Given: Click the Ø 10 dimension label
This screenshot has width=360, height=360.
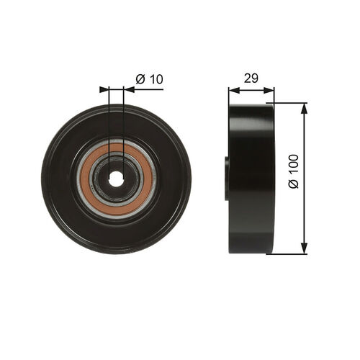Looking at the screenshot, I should coord(149,79).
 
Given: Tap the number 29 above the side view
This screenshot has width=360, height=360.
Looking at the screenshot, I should coord(251,78).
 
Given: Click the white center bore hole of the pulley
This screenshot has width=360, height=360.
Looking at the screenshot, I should coord(116,179).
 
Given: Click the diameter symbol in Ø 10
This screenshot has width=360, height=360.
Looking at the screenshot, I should coord(140,79).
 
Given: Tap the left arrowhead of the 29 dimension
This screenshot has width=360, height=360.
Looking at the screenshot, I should coord(233,90).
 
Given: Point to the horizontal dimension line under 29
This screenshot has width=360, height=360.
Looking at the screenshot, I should coord(251,90).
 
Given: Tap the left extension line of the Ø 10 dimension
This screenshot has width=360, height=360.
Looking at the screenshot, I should coord(109,115).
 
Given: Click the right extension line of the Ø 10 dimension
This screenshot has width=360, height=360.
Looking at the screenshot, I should coord(124,115).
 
